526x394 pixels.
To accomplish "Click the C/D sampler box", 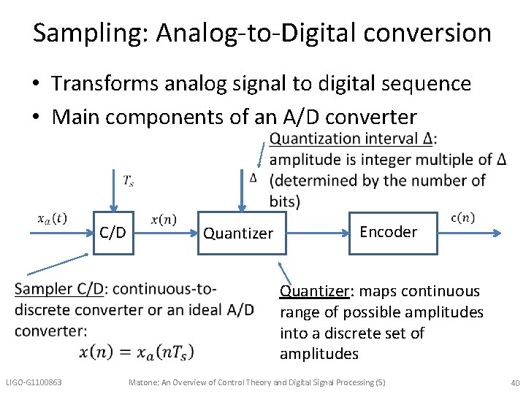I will pyautogui.click(x=113, y=233).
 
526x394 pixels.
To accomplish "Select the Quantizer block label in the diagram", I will pyautogui.click(x=238, y=233).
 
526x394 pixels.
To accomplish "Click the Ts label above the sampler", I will pyautogui.click(x=127, y=179).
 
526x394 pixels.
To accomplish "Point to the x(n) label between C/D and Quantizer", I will pyautogui.click(x=164, y=220).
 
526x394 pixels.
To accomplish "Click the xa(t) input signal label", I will pyautogui.click(x=53, y=218).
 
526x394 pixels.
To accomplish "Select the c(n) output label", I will pyautogui.click(x=462, y=217).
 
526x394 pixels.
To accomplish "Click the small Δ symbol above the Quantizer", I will pyautogui.click(x=253, y=177).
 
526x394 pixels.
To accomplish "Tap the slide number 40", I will pyautogui.click(x=515, y=383).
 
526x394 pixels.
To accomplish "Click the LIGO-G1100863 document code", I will pyautogui.click(x=34, y=382).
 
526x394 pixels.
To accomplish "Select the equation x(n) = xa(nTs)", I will pyautogui.click(x=137, y=352).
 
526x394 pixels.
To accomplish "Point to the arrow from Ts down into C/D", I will pyautogui.click(x=113, y=190).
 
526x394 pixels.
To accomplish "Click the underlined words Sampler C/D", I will pyautogui.click(x=59, y=288).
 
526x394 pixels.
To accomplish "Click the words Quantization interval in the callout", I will pyautogui.click(x=346, y=139).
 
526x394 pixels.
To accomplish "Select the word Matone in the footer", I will pyautogui.click(x=145, y=382).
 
